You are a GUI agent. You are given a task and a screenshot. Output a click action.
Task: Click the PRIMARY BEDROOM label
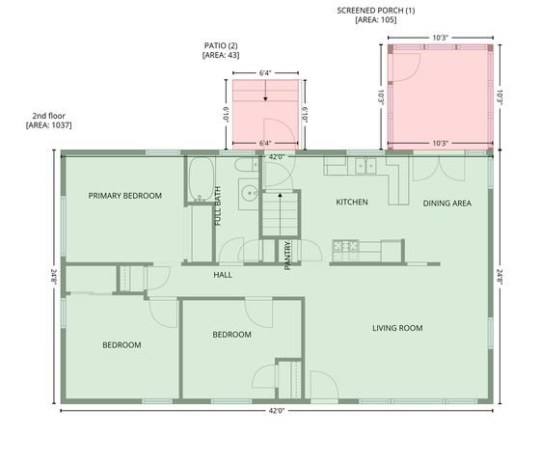125,196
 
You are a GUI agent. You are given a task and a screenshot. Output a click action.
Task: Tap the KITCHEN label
352,203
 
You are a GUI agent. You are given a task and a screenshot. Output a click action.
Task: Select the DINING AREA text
446,203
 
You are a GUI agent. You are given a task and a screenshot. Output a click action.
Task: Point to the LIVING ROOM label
397,328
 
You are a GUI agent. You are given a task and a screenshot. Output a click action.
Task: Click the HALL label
223,274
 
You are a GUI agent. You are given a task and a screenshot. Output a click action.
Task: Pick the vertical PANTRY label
288,257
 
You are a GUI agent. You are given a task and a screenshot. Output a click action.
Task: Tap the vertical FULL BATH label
218,205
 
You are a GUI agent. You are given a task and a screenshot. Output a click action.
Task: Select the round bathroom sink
247,191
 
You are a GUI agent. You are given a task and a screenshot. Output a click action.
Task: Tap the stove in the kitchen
346,247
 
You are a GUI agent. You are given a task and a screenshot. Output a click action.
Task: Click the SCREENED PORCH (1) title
376,10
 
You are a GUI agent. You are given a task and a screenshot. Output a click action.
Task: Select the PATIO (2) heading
221,45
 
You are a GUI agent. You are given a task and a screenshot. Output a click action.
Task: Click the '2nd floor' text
49,115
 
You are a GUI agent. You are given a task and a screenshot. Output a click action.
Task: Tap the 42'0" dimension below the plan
276,411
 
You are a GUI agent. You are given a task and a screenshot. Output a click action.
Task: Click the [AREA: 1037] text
49,125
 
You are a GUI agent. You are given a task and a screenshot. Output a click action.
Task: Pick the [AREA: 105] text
376,19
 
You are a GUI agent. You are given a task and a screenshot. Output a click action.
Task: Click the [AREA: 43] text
221,56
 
